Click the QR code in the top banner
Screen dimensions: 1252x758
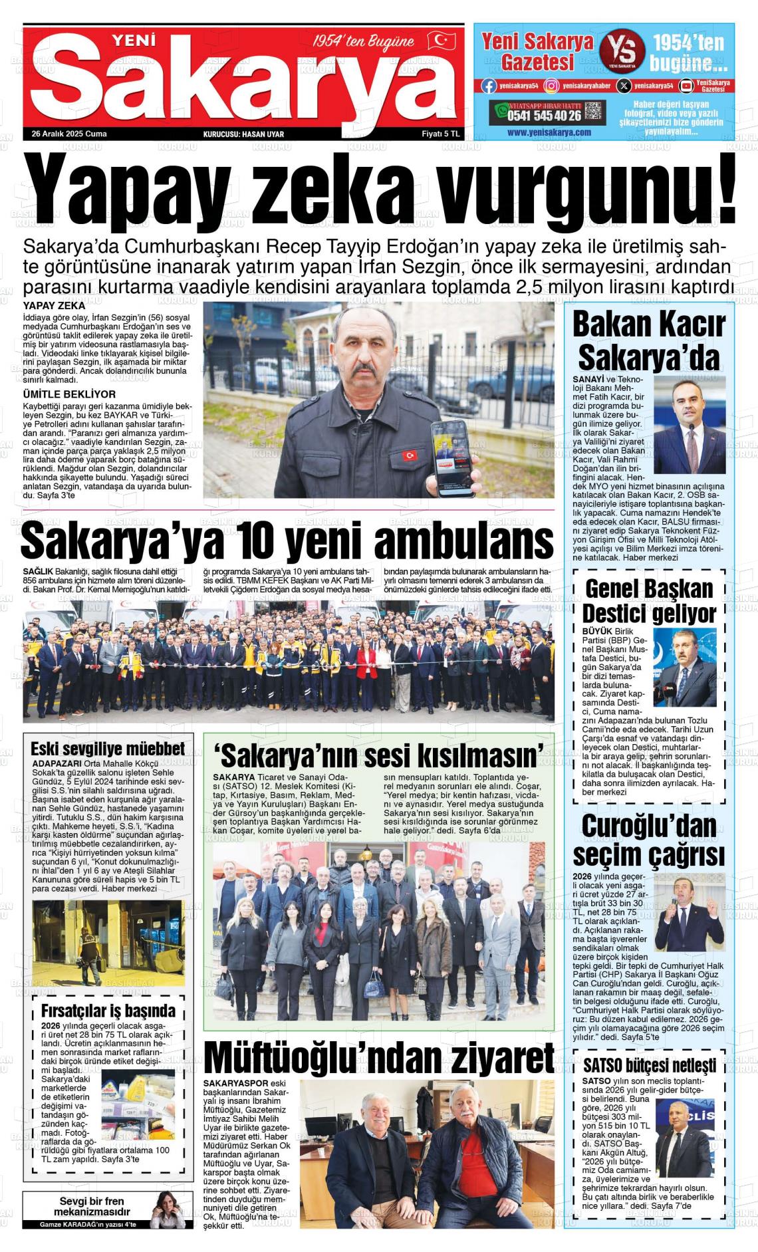(594, 112)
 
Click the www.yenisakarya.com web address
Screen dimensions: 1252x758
(549, 132)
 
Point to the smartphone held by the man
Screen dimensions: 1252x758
(453, 458)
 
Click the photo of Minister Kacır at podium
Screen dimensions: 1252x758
(690, 425)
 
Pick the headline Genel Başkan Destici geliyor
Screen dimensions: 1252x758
(649, 600)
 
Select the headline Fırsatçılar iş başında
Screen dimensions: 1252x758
(108, 1011)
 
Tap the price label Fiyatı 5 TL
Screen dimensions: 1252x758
(441, 134)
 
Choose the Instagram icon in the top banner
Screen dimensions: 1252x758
(551, 85)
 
